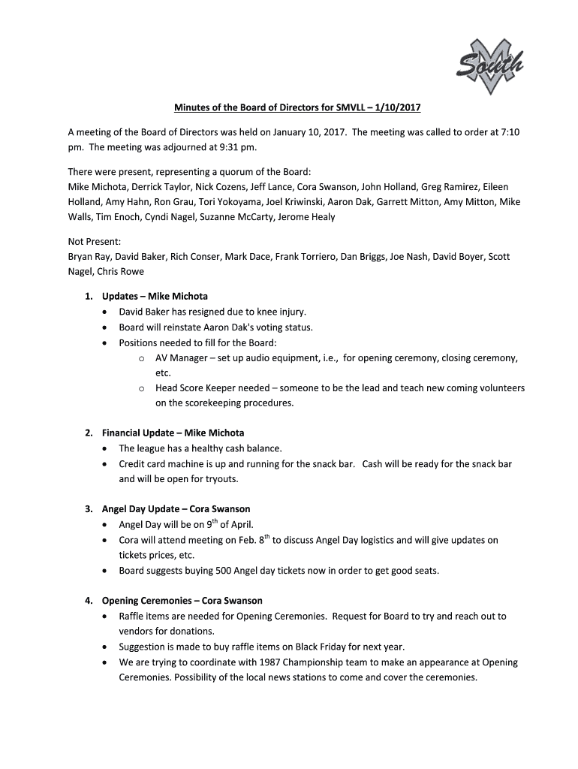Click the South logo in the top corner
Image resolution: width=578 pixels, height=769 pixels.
click(489, 68)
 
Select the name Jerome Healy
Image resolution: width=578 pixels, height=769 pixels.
click(309, 217)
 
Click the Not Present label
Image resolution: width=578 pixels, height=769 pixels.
click(94, 242)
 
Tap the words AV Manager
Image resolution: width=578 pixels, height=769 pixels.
click(181, 358)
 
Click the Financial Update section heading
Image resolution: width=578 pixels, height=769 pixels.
click(173, 433)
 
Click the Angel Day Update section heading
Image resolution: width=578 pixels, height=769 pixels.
click(176, 509)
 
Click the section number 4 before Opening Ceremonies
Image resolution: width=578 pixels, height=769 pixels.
click(88, 601)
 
